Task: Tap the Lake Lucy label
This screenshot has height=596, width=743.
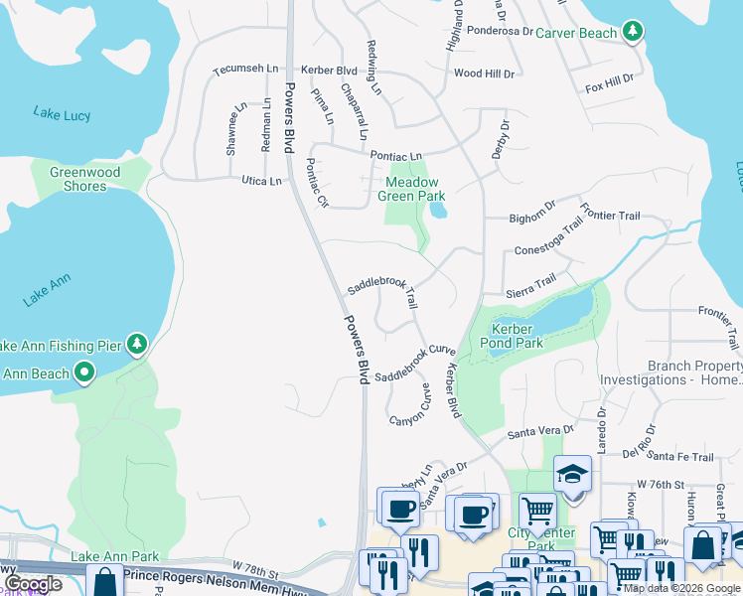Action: click(x=62, y=114)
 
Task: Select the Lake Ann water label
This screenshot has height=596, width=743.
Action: click(x=46, y=295)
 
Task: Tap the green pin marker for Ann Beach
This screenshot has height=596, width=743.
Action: click(x=84, y=373)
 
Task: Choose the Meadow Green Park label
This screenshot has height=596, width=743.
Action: click(x=411, y=189)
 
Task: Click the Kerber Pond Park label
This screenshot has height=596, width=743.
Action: click(x=516, y=336)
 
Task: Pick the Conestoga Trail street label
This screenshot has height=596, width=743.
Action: click(x=548, y=239)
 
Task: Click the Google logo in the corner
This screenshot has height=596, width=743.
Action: click(x=33, y=584)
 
